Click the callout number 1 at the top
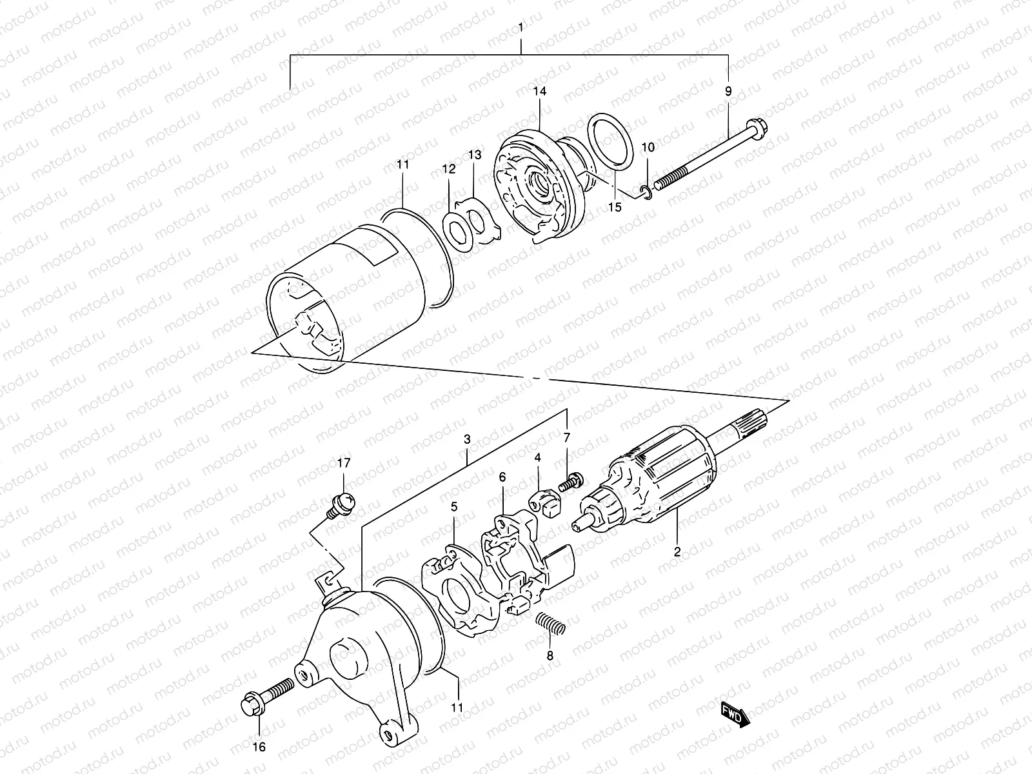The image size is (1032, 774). (521, 29)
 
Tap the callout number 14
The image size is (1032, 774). (539, 92)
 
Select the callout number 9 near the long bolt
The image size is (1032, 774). (728, 92)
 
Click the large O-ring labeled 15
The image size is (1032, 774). (613, 143)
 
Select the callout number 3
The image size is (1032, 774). (467, 439)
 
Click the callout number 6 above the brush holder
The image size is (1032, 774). (502, 477)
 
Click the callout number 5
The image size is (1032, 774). (454, 508)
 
